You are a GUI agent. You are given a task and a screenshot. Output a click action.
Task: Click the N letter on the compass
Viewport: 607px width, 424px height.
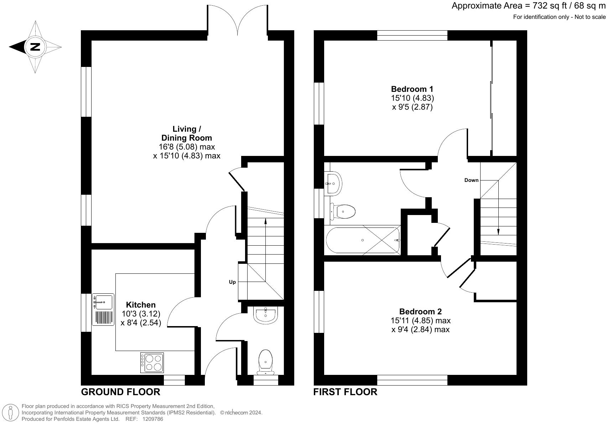(35, 47)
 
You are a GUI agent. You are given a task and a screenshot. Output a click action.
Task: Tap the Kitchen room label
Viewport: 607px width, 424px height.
(141, 305)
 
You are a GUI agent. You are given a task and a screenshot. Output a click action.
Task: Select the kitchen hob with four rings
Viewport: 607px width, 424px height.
(152, 362)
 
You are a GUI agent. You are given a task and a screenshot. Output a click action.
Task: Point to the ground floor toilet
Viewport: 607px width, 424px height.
(265, 362)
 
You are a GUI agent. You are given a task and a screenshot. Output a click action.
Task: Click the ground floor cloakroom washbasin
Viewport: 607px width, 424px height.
(266, 315)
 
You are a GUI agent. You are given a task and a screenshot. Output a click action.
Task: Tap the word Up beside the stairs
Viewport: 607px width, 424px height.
(232, 282)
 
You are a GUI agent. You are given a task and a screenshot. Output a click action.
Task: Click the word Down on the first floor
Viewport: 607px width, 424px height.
(471, 180)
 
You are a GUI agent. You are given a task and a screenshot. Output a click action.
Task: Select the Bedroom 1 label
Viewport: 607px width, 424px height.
(412, 89)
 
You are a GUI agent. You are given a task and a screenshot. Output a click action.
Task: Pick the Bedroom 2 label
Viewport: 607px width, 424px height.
(420, 312)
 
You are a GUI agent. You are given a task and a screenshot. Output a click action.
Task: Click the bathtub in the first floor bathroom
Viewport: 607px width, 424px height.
(363, 240)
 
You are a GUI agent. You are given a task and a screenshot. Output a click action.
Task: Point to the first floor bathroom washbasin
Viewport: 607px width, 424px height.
(333, 183)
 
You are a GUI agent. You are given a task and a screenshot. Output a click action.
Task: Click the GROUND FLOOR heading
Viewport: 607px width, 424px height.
(121, 392)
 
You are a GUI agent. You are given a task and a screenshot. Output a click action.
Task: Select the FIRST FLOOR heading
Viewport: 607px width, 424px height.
(345, 392)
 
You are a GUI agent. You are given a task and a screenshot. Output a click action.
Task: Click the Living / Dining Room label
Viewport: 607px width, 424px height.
(187, 133)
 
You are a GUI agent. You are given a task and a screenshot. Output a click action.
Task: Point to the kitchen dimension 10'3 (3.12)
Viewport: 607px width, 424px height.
(141, 314)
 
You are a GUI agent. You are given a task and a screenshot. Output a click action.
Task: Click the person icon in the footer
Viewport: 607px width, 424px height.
(11, 413)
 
